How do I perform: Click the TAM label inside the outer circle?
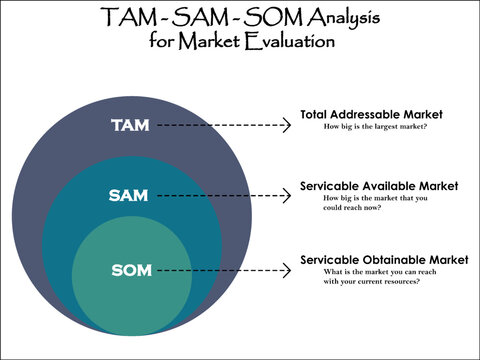pyautogui.click(x=131, y=125)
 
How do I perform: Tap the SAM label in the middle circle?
pyautogui.click(x=127, y=195)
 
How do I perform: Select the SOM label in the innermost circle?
pyautogui.click(x=132, y=270)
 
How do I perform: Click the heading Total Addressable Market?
pyautogui.click(x=371, y=115)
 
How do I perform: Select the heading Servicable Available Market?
pyautogui.click(x=379, y=186)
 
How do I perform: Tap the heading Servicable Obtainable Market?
pyautogui.click(x=384, y=260)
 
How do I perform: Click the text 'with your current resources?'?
pyautogui.click(x=371, y=281)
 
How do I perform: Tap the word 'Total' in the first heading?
pyautogui.click(x=314, y=115)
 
